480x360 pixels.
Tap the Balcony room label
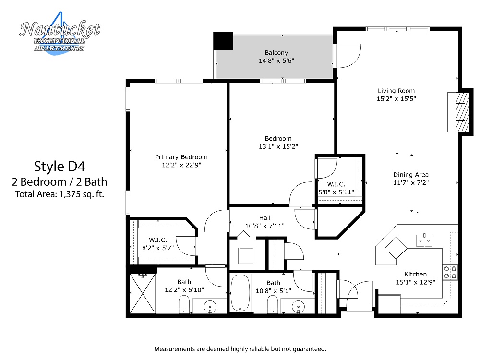(276, 53)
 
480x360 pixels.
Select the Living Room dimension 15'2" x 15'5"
(396, 99)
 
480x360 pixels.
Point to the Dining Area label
(411, 175)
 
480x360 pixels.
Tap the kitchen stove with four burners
(450, 273)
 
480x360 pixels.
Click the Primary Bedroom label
(181, 157)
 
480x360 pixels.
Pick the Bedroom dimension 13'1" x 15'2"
(278, 147)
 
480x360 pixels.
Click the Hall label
(265, 218)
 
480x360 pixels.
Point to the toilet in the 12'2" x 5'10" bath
(184, 304)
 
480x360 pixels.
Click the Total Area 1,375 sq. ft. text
(60, 194)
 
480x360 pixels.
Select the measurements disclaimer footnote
(240, 348)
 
